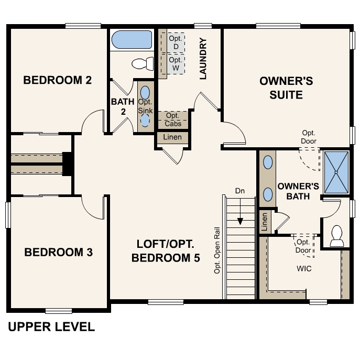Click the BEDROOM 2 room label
click(58, 80)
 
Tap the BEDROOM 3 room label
click(59, 252)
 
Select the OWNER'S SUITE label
click(286, 88)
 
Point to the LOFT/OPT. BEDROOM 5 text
click(166, 251)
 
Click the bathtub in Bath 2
click(132, 40)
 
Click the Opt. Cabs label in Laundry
click(173, 119)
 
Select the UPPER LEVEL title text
click(51, 328)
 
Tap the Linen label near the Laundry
click(173, 137)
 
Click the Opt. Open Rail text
click(216, 250)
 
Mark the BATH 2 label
click(123, 106)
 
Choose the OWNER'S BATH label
click(298, 191)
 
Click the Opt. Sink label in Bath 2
click(145, 106)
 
